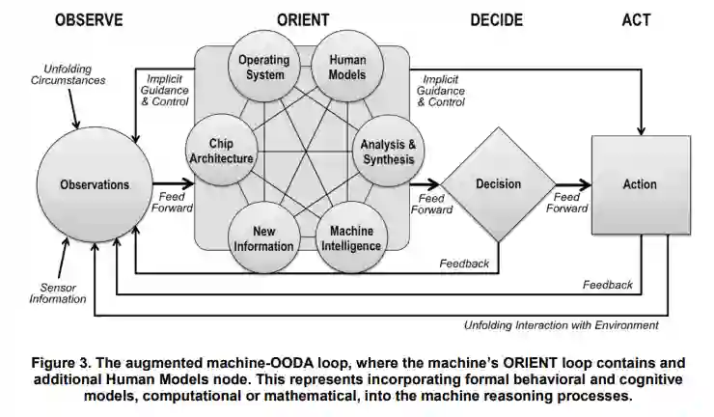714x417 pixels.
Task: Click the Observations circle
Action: pyautogui.click(x=95, y=183)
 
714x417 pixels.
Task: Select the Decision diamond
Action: pyautogui.click(x=498, y=183)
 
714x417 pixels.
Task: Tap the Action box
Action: pyautogui.click(x=640, y=183)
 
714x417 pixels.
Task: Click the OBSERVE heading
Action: pyautogui.click(x=88, y=19)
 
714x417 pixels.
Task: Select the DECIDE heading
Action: pyautogui.click(x=496, y=19)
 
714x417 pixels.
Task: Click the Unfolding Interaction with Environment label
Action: pyautogui.click(x=560, y=325)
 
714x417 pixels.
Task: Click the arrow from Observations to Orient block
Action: pyautogui.click(x=172, y=183)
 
